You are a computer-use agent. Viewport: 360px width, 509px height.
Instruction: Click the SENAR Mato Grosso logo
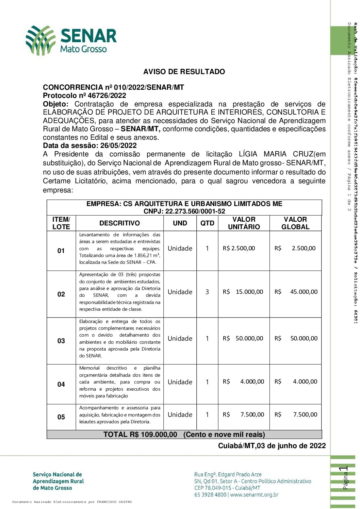click(x=71, y=40)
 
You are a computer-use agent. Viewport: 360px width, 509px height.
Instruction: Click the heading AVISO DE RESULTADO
click(x=184, y=72)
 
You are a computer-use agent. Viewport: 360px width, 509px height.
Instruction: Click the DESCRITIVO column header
click(x=119, y=223)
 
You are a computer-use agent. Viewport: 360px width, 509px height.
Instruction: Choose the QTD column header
click(x=207, y=223)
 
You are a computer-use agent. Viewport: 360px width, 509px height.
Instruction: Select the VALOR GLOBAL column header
click(x=295, y=223)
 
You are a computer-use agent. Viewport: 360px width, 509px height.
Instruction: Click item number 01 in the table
click(x=61, y=251)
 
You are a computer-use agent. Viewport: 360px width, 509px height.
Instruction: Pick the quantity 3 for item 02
click(x=207, y=292)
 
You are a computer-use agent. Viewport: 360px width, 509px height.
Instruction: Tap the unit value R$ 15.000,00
click(x=243, y=292)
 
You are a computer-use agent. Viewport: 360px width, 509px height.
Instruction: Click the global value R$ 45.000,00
click(x=296, y=292)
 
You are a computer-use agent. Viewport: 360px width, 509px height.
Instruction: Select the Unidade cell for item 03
click(x=180, y=339)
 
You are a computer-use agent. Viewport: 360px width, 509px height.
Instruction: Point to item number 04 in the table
click(x=61, y=385)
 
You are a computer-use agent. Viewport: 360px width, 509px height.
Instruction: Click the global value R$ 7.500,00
click(x=296, y=415)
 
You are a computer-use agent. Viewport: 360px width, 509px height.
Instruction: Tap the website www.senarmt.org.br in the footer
click(x=254, y=495)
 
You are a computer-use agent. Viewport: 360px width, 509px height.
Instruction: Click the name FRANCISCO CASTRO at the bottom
click(x=114, y=502)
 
